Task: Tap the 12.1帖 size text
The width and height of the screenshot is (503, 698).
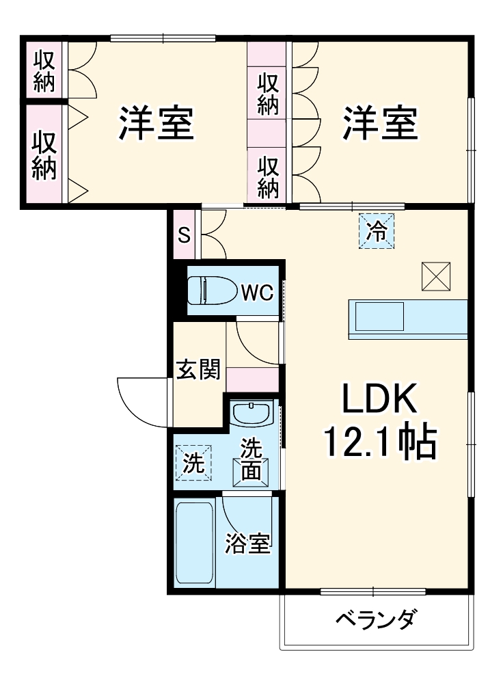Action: pyautogui.click(x=379, y=443)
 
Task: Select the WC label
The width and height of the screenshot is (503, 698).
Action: pyautogui.click(x=256, y=292)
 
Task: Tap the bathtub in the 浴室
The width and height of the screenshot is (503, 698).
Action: pyautogui.click(x=195, y=543)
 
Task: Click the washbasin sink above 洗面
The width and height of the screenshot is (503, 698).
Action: pyautogui.click(x=251, y=413)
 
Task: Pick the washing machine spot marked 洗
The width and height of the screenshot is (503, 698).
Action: pyautogui.click(x=194, y=464)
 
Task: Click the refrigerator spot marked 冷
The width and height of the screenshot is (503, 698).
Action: pyautogui.click(x=377, y=230)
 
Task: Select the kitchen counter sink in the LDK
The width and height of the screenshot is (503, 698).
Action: pyautogui.click(x=379, y=317)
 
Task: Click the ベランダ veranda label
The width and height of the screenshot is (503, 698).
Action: pyautogui.click(x=375, y=621)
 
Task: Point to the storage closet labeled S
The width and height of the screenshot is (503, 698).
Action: pyautogui.click(x=184, y=235)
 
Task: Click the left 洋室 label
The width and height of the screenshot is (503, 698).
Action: pyautogui.click(x=157, y=123)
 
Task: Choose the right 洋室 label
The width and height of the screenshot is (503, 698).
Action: pyautogui.click(x=380, y=123)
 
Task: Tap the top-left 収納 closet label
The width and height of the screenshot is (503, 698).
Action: pyautogui.click(x=44, y=71)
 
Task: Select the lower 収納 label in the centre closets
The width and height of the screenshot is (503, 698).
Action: pyautogui.click(x=267, y=174)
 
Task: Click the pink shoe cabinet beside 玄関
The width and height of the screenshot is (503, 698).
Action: pyautogui.click(x=252, y=378)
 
